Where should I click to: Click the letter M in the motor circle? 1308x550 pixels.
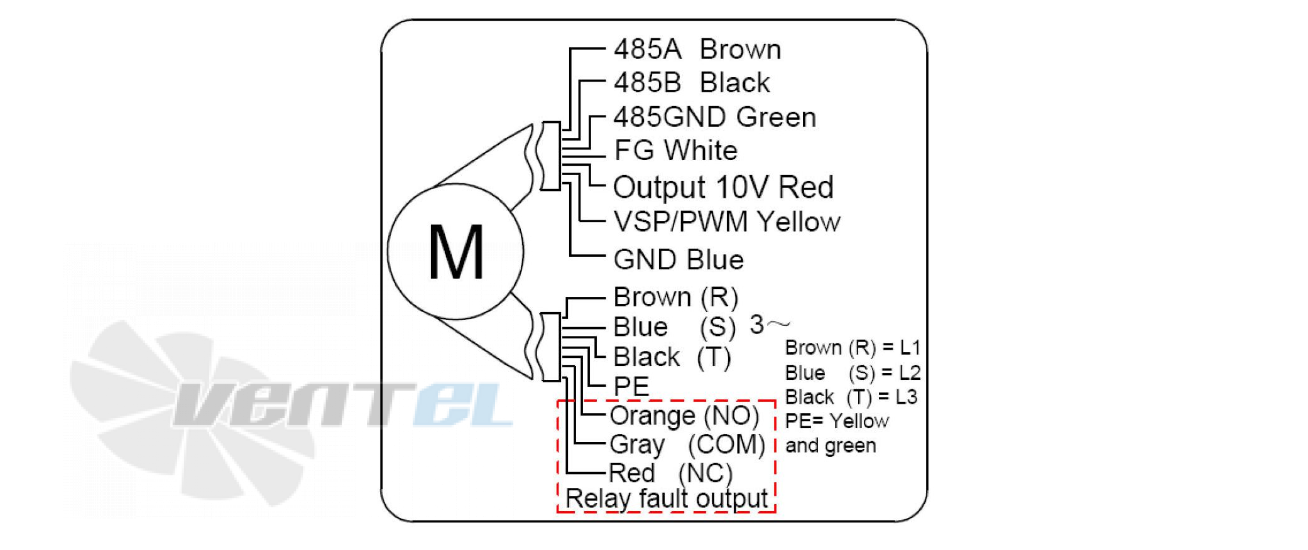tap(456, 252)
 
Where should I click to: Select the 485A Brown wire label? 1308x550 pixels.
tap(697, 49)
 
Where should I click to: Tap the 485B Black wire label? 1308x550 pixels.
tap(692, 82)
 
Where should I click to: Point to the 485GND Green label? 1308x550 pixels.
tap(715, 117)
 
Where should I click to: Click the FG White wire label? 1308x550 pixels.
tap(676, 150)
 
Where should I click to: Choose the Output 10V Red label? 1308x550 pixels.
tap(724, 187)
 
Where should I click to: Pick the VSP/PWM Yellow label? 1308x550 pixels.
tap(727, 222)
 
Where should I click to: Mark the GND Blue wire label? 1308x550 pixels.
tap(679, 259)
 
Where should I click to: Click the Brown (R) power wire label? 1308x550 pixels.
tap(675, 297)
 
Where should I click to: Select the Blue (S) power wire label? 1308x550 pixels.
tap(674, 326)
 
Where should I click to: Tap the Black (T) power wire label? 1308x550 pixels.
tap(672, 357)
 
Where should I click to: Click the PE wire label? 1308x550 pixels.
tap(631, 386)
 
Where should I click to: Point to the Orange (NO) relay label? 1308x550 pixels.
tap(684, 416)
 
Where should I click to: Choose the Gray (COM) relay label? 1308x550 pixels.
tap(687, 445)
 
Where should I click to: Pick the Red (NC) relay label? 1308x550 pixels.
tap(671, 473)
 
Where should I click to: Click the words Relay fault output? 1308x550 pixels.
tap(667, 499)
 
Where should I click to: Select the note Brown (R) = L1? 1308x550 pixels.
tap(853, 347)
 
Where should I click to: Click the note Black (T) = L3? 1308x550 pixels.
tap(851, 397)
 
